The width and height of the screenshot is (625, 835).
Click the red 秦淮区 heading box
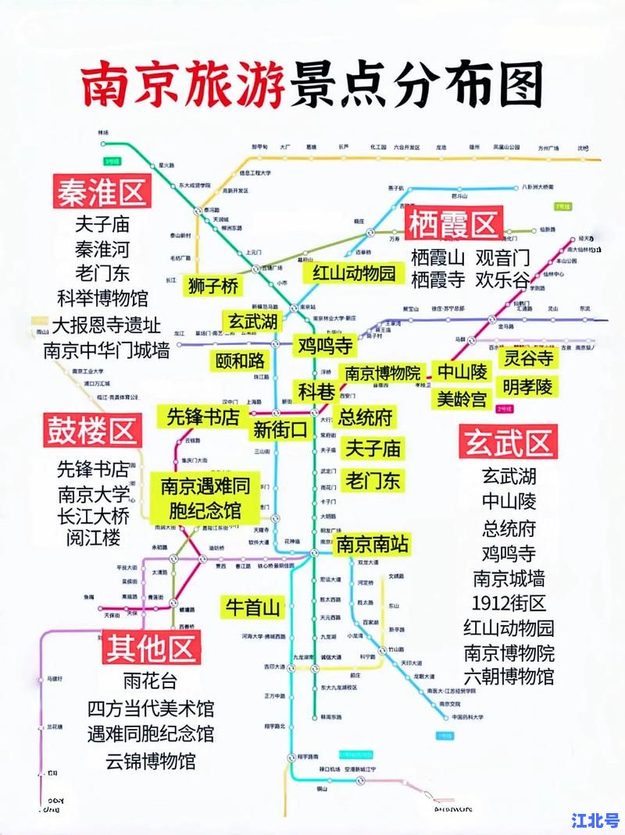(x=102, y=192)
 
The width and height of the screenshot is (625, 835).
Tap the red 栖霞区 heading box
(x=453, y=226)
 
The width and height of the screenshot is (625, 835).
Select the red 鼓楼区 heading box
(x=93, y=431)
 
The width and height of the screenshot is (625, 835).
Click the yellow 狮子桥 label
(x=213, y=286)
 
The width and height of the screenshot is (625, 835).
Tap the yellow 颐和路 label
(x=241, y=360)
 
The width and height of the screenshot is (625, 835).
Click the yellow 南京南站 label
(x=372, y=545)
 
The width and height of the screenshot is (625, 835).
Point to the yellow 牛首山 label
(x=252, y=607)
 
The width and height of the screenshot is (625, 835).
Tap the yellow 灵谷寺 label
(x=528, y=358)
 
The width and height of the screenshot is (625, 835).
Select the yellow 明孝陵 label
(x=528, y=386)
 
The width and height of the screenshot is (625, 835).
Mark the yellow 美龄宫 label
(x=462, y=400)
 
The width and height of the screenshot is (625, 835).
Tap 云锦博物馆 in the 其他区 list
(x=151, y=759)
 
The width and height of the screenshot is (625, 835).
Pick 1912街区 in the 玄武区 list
(x=509, y=602)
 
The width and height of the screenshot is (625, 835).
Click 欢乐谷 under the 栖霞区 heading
(x=503, y=279)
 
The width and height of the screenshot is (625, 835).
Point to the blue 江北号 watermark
(x=595, y=821)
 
